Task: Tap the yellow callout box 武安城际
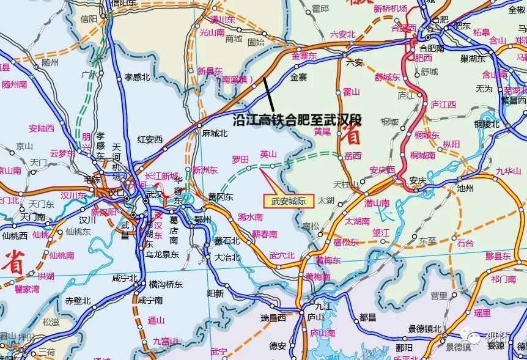click(288, 200)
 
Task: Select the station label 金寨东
click(304, 56)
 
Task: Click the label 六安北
click(342, 35)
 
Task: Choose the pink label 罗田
click(240, 160)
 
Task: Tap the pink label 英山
click(268, 155)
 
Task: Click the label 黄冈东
click(221, 197)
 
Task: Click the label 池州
click(466, 189)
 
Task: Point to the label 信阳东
click(124, 3)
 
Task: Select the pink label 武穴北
click(282, 255)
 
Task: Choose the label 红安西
click(150, 139)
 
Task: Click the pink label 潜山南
click(377, 202)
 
